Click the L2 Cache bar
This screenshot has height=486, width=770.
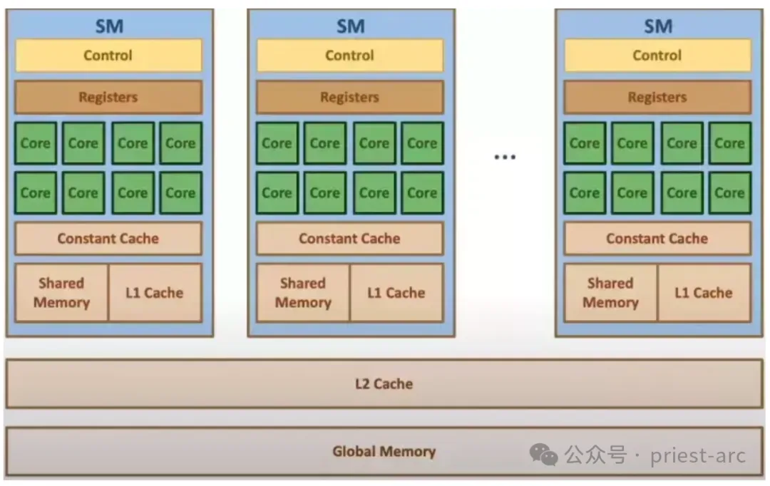tap(384, 384)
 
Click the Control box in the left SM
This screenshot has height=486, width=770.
tap(108, 56)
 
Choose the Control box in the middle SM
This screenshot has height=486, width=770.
tap(349, 56)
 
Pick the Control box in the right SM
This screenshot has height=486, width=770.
tap(657, 56)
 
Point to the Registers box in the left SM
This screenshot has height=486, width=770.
tap(108, 98)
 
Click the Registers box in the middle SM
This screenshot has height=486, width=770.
tap(349, 98)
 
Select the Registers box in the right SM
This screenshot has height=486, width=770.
tap(657, 98)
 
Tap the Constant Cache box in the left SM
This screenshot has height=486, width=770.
tap(108, 239)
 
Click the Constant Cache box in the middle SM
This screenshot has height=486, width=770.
tap(349, 239)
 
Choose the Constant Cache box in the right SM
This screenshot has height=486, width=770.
tap(657, 239)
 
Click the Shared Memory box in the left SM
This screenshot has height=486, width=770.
tap(62, 293)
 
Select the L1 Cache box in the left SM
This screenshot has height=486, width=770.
tap(155, 293)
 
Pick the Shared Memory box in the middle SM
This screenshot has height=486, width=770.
tap(303, 293)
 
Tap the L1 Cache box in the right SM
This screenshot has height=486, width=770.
tap(704, 293)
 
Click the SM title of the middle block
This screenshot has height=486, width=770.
tap(350, 27)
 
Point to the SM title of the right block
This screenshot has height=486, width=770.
tap(658, 27)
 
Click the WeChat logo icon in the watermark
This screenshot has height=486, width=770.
tap(544, 454)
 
